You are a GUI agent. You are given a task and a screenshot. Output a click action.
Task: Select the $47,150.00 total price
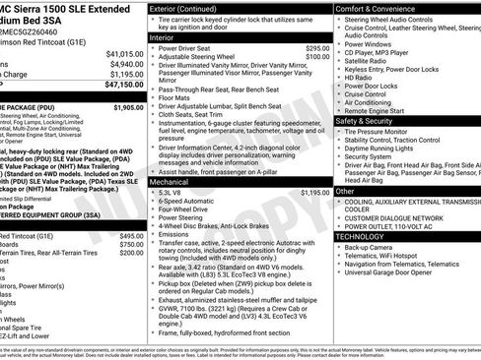pos(123,86)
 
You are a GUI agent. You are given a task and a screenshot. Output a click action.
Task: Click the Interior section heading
pos(163,36)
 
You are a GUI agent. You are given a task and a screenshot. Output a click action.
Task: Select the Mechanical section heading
pos(171,182)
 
